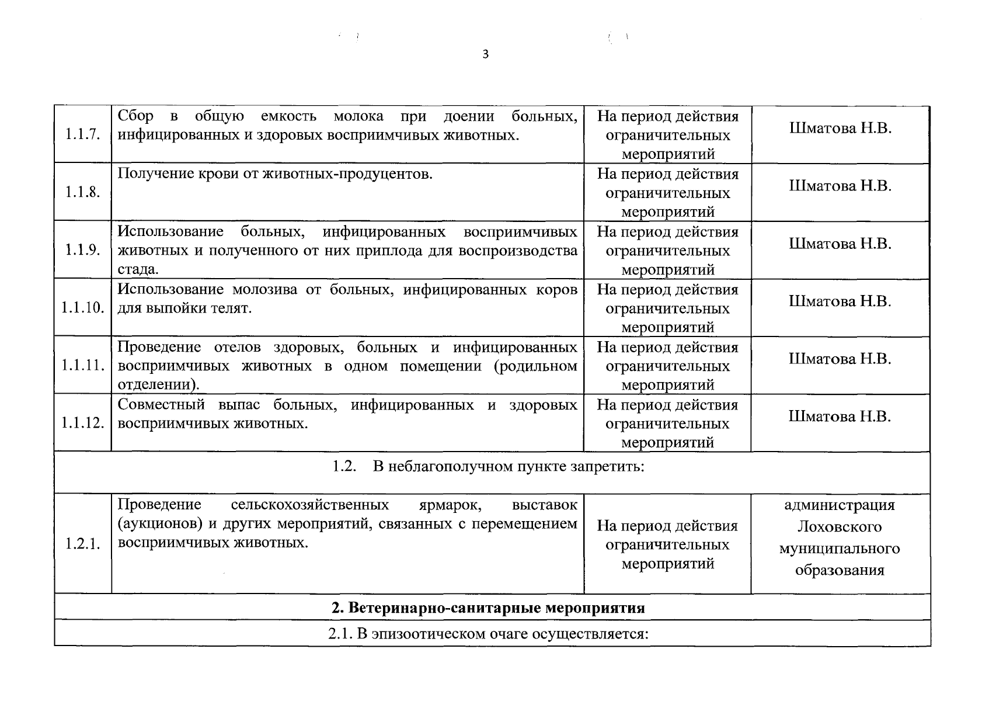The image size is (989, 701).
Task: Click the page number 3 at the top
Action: pyautogui.click(x=486, y=55)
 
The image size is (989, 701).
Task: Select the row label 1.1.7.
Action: pyautogui.click(x=82, y=135)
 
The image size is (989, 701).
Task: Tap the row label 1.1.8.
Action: pyautogui.click(x=82, y=193)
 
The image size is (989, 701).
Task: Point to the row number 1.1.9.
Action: pyautogui.click(x=82, y=250)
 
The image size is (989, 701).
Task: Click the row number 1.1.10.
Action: pyautogui.click(x=82, y=308)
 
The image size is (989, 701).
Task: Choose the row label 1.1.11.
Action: pyautogui.click(x=83, y=366)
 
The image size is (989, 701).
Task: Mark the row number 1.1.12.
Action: pyautogui.click(x=82, y=423)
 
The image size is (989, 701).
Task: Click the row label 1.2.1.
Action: pyautogui.click(x=82, y=544)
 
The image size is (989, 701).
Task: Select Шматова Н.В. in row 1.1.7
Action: pyautogui.click(x=840, y=129)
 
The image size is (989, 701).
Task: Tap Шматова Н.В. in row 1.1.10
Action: pyautogui.click(x=840, y=301)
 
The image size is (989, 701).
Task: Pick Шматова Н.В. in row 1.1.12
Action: pyautogui.click(x=840, y=417)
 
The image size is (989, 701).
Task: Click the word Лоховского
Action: pyautogui.click(x=840, y=527)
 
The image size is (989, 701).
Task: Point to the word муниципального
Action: pyautogui.click(x=840, y=549)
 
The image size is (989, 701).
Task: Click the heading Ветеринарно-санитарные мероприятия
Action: pyautogui.click(x=496, y=608)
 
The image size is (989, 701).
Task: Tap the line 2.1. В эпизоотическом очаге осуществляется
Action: pyautogui.click(x=488, y=634)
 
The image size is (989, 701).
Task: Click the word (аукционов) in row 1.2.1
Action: pyautogui.click(x=159, y=524)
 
